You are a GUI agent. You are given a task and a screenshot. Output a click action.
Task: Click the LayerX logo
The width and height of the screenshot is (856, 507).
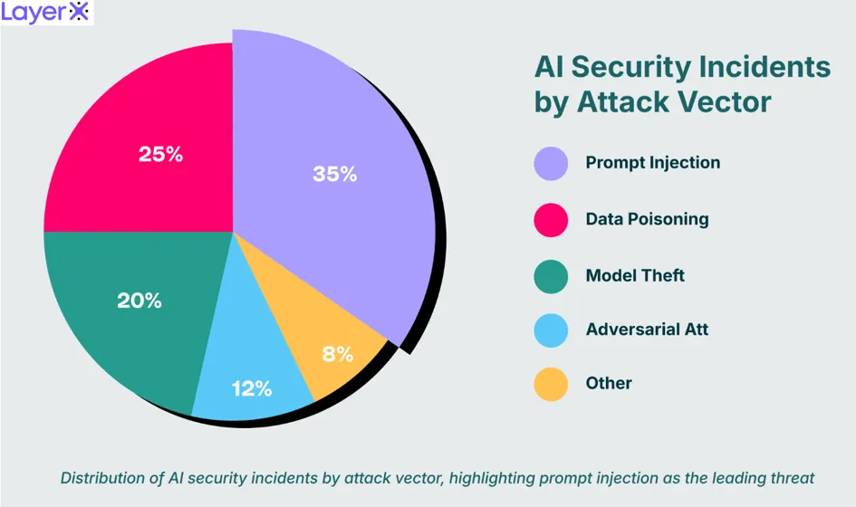point(45,12)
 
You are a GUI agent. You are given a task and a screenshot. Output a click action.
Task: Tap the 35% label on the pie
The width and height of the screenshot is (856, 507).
point(334,174)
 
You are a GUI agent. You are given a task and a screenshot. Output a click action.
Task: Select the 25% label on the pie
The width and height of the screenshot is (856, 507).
point(160,155)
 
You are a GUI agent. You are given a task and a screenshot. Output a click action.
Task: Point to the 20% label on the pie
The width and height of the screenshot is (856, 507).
point(139,301)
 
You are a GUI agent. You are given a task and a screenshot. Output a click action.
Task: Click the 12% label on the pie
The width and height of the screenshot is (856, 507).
point(252,389)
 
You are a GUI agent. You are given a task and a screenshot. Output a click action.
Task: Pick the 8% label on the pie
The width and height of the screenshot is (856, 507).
point(338,355)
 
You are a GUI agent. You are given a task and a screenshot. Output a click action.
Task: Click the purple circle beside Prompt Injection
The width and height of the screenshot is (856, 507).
point(551,163)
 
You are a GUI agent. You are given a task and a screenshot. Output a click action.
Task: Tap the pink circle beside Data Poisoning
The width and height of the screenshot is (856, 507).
point(551,220)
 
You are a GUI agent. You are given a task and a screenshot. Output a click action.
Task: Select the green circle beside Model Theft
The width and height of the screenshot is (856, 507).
point(551,276)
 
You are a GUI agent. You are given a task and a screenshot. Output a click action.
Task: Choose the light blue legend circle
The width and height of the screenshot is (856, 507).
point(551,330)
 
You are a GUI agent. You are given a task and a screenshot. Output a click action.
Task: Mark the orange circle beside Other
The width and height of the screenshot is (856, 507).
point(551,384)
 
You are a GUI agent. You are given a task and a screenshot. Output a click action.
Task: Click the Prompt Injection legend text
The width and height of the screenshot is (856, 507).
point(653,163)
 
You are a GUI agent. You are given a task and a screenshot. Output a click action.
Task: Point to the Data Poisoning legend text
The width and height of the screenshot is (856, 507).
point(648,219)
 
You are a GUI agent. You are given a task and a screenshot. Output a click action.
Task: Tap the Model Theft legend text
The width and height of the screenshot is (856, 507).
point(635,275)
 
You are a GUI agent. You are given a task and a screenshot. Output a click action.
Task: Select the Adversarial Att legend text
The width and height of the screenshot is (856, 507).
point(648,329)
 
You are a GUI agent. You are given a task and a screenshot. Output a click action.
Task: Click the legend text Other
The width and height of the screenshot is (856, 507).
point(609,383)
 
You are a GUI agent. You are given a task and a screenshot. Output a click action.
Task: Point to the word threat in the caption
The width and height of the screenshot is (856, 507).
point(792,478)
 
